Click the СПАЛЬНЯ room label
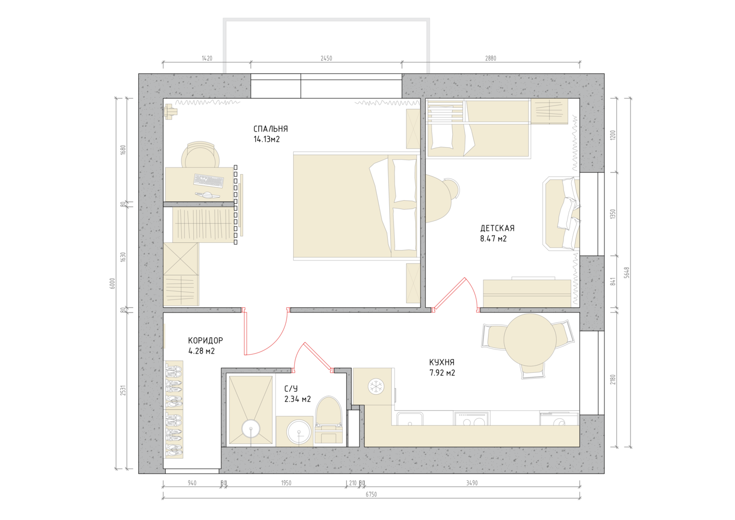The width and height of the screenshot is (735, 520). point(270,128)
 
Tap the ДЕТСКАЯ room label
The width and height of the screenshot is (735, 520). point(497,228)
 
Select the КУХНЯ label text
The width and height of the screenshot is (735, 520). point(442,362)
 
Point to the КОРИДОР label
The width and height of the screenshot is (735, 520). point(205,341)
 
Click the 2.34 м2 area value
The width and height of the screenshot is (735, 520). point(297,399)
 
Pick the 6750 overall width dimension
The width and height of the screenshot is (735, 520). point(371,495)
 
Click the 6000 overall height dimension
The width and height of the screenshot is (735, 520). point(113,283)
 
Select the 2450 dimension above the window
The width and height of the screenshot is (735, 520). point(326,58)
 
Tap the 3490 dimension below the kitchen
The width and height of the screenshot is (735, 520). point(472,483)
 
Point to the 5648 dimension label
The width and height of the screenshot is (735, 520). point(627,273)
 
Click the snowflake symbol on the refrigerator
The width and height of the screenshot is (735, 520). point(376,386)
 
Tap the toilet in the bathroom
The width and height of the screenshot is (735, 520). point(329,420)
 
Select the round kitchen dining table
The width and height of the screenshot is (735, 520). point(530,340)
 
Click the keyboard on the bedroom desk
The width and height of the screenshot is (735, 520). point(208,181)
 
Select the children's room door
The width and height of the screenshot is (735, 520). point(455,293)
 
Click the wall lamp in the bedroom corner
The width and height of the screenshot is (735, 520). point(170,111)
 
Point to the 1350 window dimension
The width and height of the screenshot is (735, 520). point(613,214)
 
